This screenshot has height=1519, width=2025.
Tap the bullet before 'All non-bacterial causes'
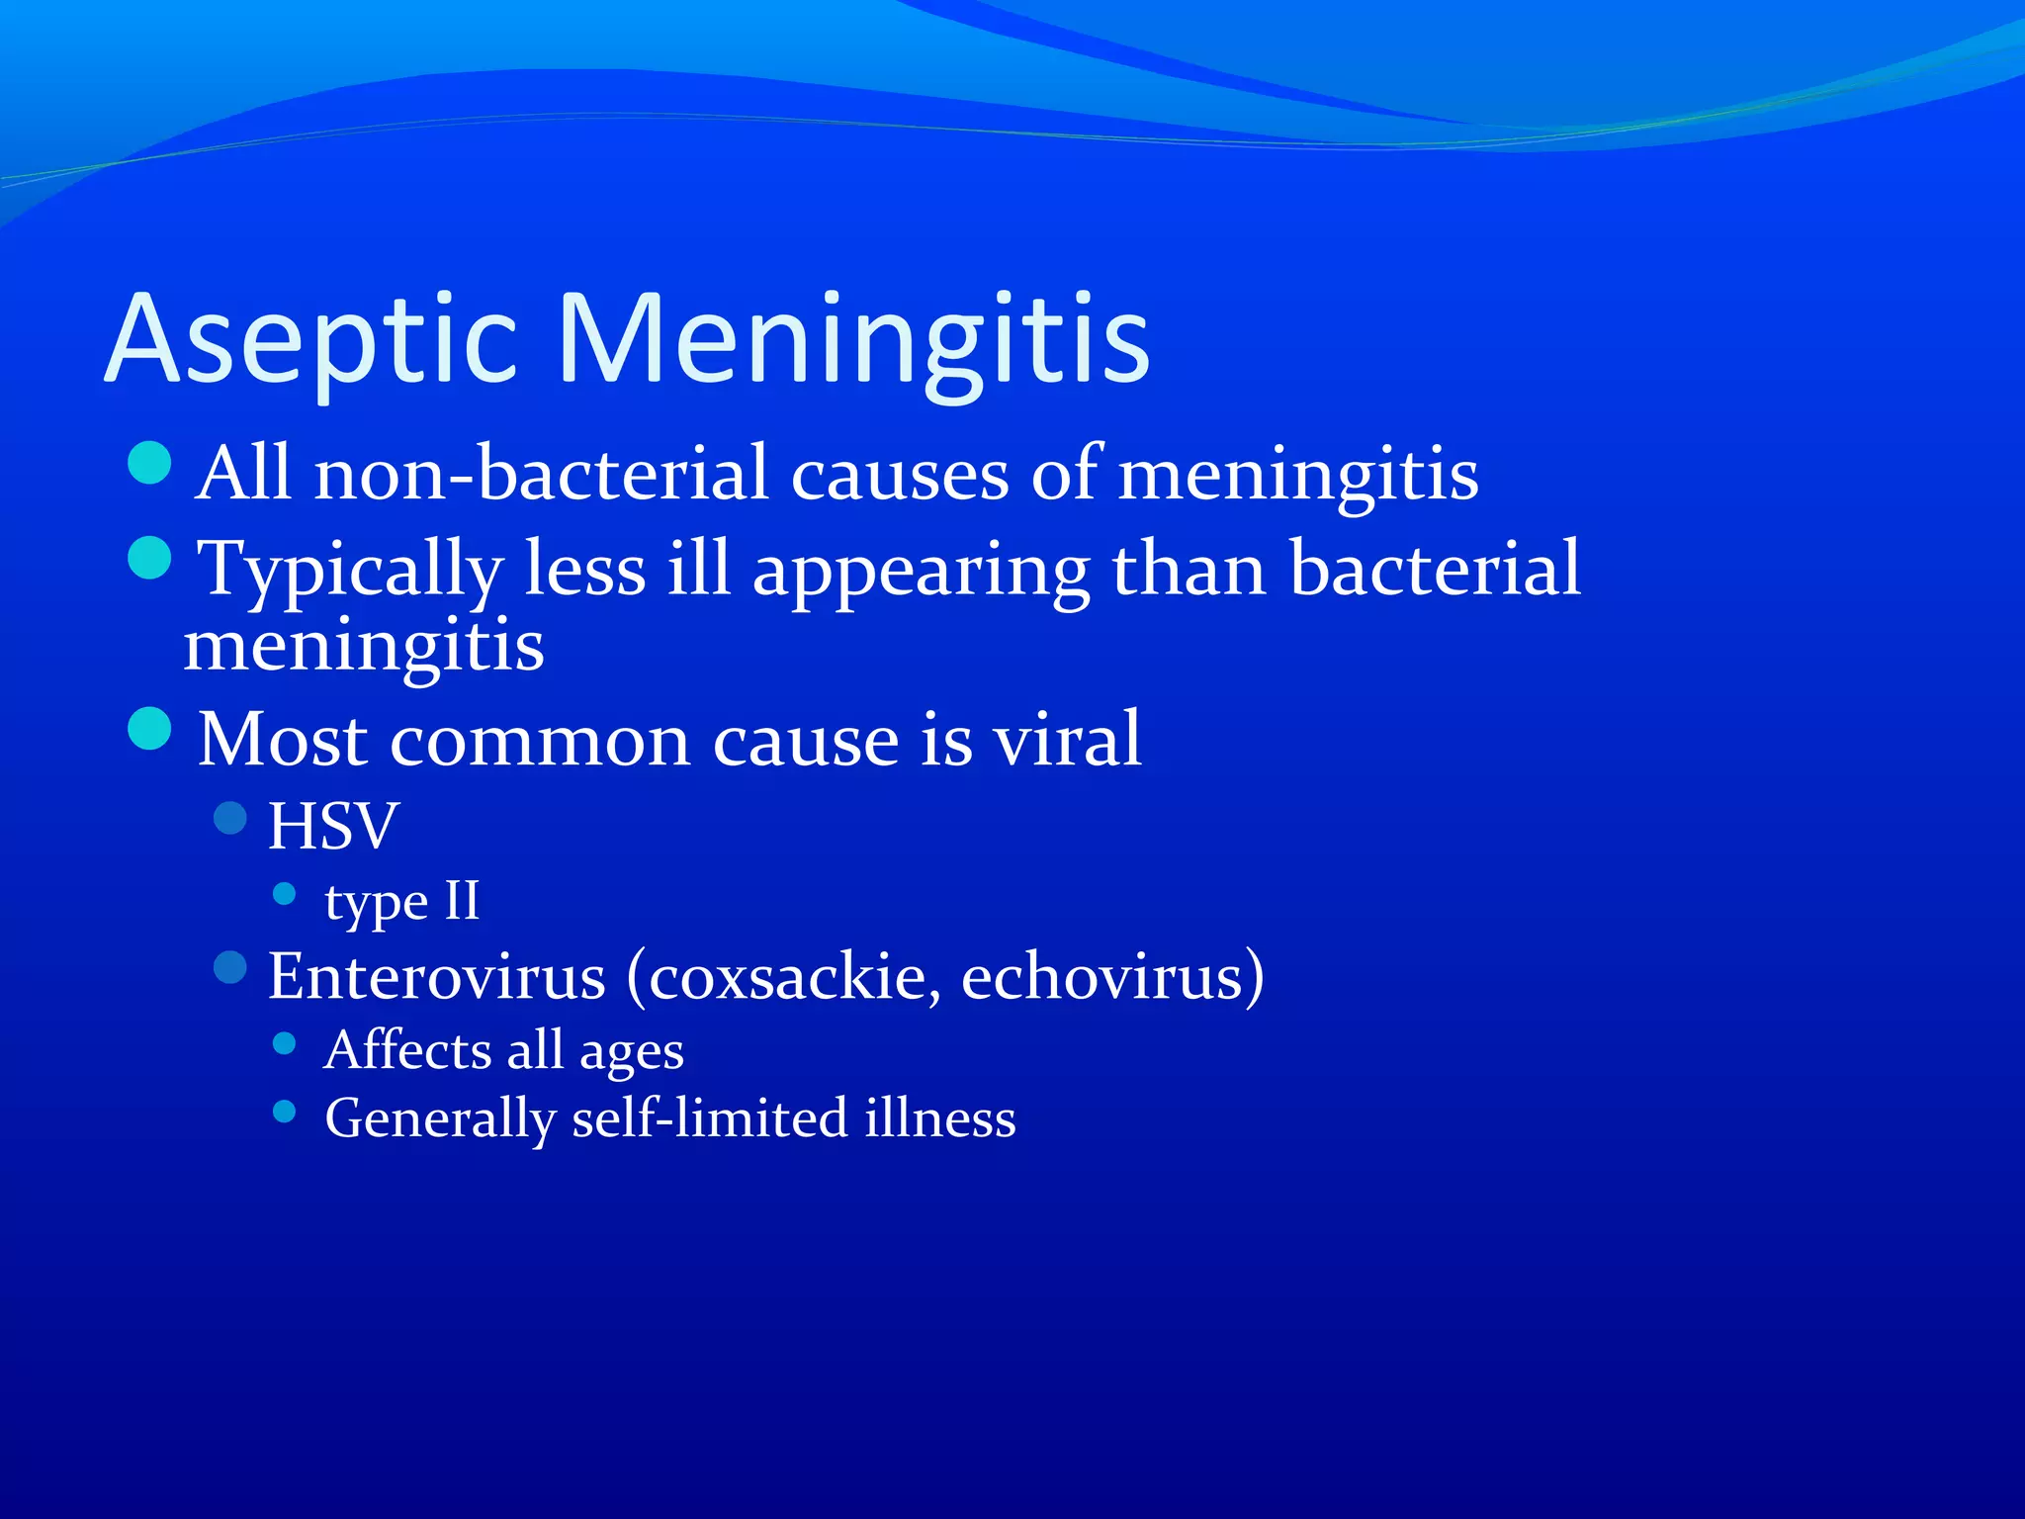tap(150, 463)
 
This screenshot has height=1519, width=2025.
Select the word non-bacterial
tap(541, 474)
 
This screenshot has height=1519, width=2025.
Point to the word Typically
tap(351, 571)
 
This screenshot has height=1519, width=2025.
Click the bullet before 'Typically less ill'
tap(150, 558)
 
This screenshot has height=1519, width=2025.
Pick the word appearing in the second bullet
tap(921, 573)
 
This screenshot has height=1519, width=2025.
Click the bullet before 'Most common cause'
tap(150, 729)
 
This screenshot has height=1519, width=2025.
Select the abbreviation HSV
tap(333, 826)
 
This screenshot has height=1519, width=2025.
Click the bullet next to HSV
tap(230, 818)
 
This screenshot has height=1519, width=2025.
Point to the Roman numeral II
tap(462, 901)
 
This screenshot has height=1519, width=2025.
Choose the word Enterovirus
tap(436, 977)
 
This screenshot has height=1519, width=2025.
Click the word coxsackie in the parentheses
tap(786, 977)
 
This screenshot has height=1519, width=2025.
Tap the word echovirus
tap(1103, 977)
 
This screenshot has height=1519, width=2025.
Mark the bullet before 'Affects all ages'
tap(285, 1043)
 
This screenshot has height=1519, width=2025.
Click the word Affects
tap(407, 1050)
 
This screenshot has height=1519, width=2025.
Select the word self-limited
tap(710, 1118)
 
